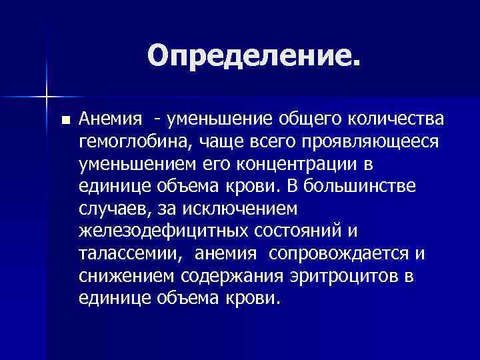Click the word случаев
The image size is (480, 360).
point(113,209)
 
